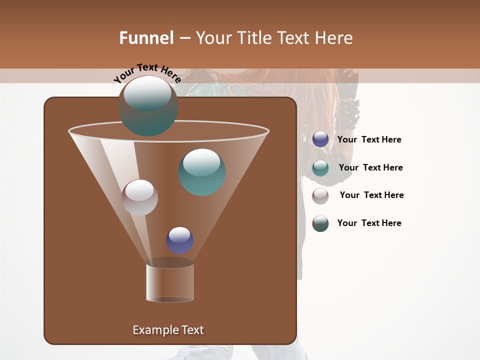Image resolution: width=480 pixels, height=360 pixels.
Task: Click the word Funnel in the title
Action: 146,38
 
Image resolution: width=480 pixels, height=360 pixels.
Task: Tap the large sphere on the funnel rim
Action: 148,106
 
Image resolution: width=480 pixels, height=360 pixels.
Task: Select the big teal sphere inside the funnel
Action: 202,172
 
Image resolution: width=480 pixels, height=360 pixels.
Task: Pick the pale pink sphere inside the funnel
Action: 139,197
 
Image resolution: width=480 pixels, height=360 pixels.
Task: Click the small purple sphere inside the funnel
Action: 179,240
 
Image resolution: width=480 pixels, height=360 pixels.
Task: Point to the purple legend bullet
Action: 320,139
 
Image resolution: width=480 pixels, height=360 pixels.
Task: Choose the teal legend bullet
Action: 320,168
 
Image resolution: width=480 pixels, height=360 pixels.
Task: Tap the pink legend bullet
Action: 320,196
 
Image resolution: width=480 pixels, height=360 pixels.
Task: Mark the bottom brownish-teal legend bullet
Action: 320,223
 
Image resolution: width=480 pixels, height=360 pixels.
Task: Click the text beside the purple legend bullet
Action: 369,140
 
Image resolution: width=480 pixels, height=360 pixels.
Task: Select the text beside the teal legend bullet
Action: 370,167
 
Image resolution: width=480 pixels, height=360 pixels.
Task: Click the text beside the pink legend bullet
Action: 371,195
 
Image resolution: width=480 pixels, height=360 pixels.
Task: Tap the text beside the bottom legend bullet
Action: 369,223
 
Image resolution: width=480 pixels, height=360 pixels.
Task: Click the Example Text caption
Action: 168,330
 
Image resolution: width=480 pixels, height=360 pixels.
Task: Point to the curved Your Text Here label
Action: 147,73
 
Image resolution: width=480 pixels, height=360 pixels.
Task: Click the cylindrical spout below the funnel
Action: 170,282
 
